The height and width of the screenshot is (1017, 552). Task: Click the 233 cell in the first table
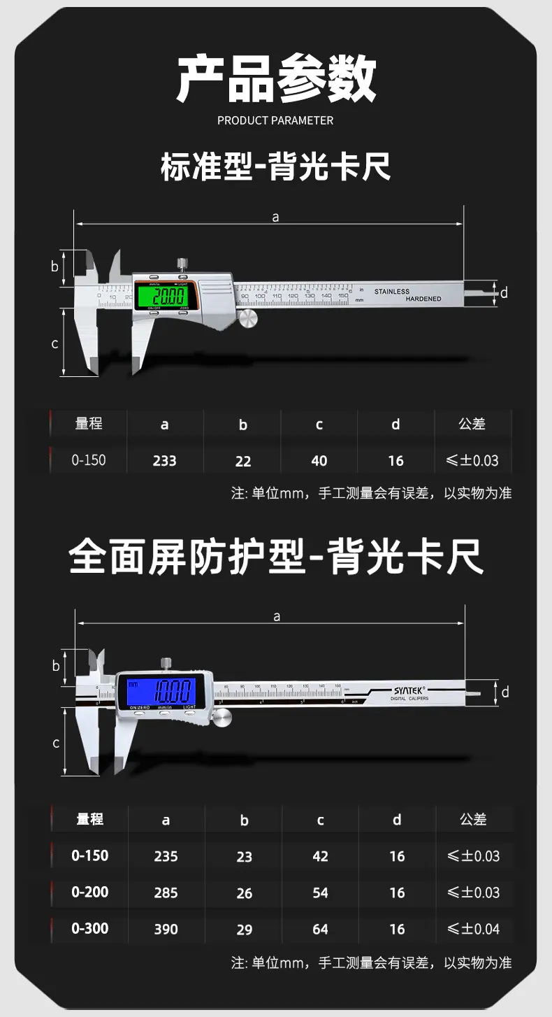point(164,461)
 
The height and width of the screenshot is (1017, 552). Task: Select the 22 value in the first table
point(242,461)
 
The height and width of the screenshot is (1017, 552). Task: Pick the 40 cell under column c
point(319,461)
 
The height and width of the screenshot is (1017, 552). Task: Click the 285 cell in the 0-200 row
point(166,893)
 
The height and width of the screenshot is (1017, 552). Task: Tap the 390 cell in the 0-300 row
point(166,930)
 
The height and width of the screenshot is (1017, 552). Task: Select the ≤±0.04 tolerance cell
point(473,930)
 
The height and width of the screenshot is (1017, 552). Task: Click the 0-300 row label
point(89,929)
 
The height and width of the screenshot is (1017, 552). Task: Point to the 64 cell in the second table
point(320,930)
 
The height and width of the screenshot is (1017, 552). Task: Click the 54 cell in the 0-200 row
point(320,893)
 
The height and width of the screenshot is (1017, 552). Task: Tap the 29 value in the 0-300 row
point(244,930)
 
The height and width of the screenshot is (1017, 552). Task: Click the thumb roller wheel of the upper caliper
point(248,319)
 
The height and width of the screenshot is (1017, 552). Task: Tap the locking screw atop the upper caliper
point(182,264)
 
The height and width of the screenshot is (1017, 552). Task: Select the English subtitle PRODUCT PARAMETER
point(275,120)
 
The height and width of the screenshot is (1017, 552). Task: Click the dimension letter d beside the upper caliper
point(504,293)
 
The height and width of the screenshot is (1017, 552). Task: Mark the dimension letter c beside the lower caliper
point(57,743)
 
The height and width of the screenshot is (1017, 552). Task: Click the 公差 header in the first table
point(472,424)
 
